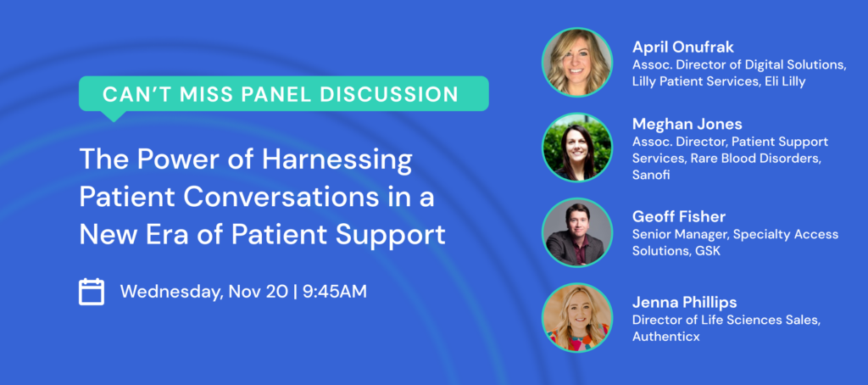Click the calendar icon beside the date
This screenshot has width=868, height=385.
[92, 292]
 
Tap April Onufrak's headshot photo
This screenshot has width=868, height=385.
[577, 63]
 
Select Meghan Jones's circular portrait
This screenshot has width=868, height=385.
[577, 148]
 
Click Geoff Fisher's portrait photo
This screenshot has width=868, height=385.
[577, 232]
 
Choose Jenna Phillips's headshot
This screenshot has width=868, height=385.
[577, 317]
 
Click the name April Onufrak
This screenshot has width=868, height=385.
[683, 47]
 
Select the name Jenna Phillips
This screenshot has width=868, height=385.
[684, 303]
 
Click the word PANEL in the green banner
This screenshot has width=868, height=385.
[277, 93]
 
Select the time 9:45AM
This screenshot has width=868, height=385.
[334, 292]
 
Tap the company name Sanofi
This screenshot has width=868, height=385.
[651, 175]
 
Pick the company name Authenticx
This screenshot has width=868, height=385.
[666, 336]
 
